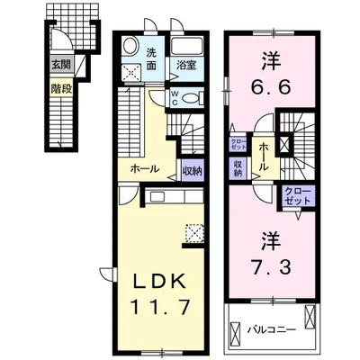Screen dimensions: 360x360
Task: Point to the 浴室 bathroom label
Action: pyautogui.click(x=186, y=64)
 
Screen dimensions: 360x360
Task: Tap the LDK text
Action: pyautogui.click(x=154, y=278)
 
